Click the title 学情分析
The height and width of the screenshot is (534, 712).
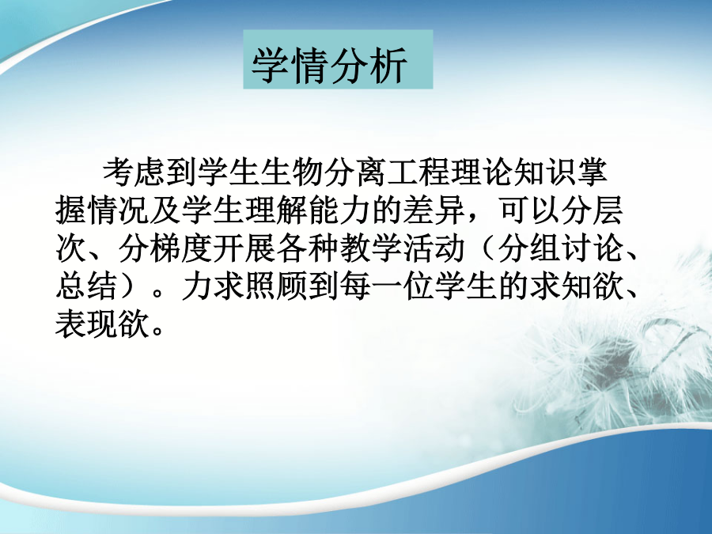[329, 65]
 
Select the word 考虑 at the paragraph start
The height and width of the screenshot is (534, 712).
[134, 172]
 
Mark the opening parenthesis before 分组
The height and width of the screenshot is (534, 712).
[487, 249]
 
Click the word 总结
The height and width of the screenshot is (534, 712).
[87, 286]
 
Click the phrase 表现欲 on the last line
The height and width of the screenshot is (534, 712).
[103, 324]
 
